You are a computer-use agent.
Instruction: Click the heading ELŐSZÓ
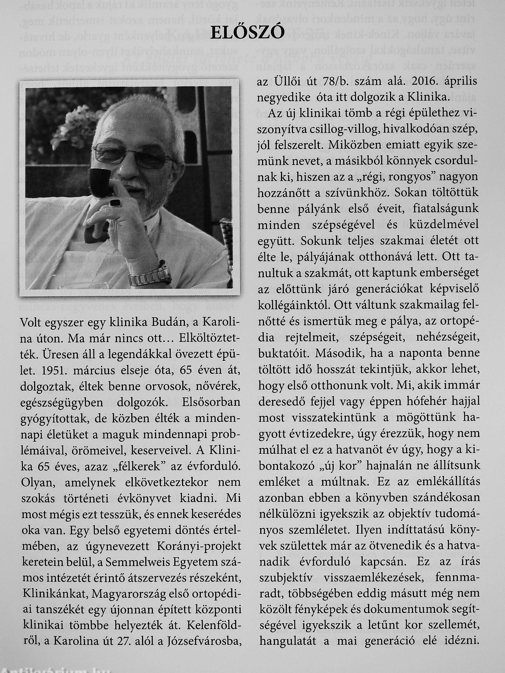[x=247, y=33]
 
